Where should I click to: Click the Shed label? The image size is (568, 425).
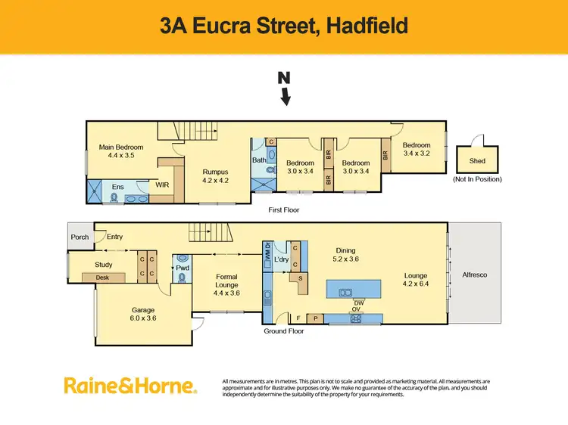tap(478, 160)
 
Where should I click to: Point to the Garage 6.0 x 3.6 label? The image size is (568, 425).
tap(142, 314)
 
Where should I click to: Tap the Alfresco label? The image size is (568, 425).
tap(476, 275)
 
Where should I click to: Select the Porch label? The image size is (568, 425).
tap(80, 237)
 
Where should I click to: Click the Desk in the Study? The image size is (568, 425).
tap(103, 278)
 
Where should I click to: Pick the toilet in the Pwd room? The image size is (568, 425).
tap(183, 278)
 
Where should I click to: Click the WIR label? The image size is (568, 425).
tap(162, 185)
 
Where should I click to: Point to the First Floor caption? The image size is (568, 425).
tap(285, 209)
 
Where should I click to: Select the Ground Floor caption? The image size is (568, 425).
tap(284, 330)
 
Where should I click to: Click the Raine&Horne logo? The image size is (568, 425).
tap(130, 386)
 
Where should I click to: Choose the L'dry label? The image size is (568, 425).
tap(282, 259)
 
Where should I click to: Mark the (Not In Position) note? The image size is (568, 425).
tap(478, 179)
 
